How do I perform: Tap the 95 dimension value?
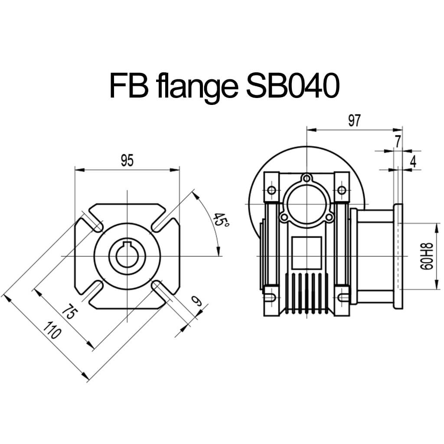(x=127, y=160)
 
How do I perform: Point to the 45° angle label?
(x=221, y=220)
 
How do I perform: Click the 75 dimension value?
(x=69, y=311)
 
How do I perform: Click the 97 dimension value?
(x=354, y=121)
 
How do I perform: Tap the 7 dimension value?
(x=398, y=142)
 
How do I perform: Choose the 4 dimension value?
(x=413, y=162)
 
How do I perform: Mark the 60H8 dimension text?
(x=427, y=257)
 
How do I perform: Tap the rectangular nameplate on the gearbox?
(x=307, y=253)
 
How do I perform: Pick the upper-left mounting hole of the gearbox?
(x=271, y=190)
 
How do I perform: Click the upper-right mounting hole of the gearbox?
(x=342, y=190)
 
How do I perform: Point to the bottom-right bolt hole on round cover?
(x=329, y=217)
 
